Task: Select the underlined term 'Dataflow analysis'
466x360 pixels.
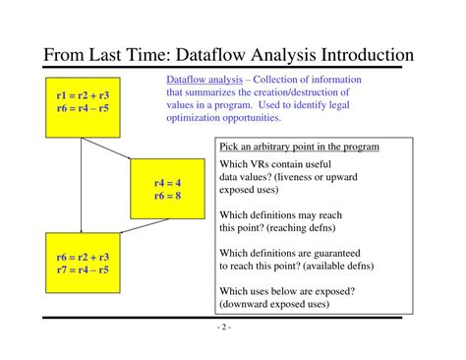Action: tap(204, 80)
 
